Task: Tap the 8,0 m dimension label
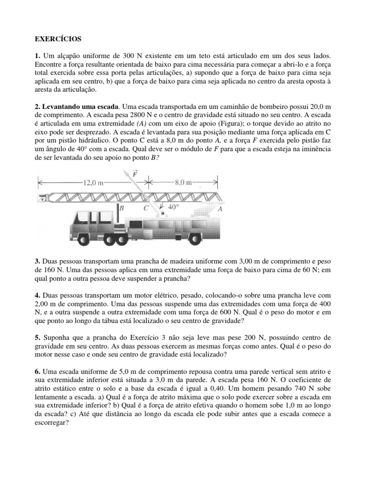[x=183, y=182]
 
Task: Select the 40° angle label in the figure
[x=173, y=207]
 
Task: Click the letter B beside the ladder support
[x=122, y=208]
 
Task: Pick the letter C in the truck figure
[x=146, y=208]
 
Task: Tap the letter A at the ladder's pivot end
[x=220, y=209]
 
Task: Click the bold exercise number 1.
[x=37, y=57]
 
